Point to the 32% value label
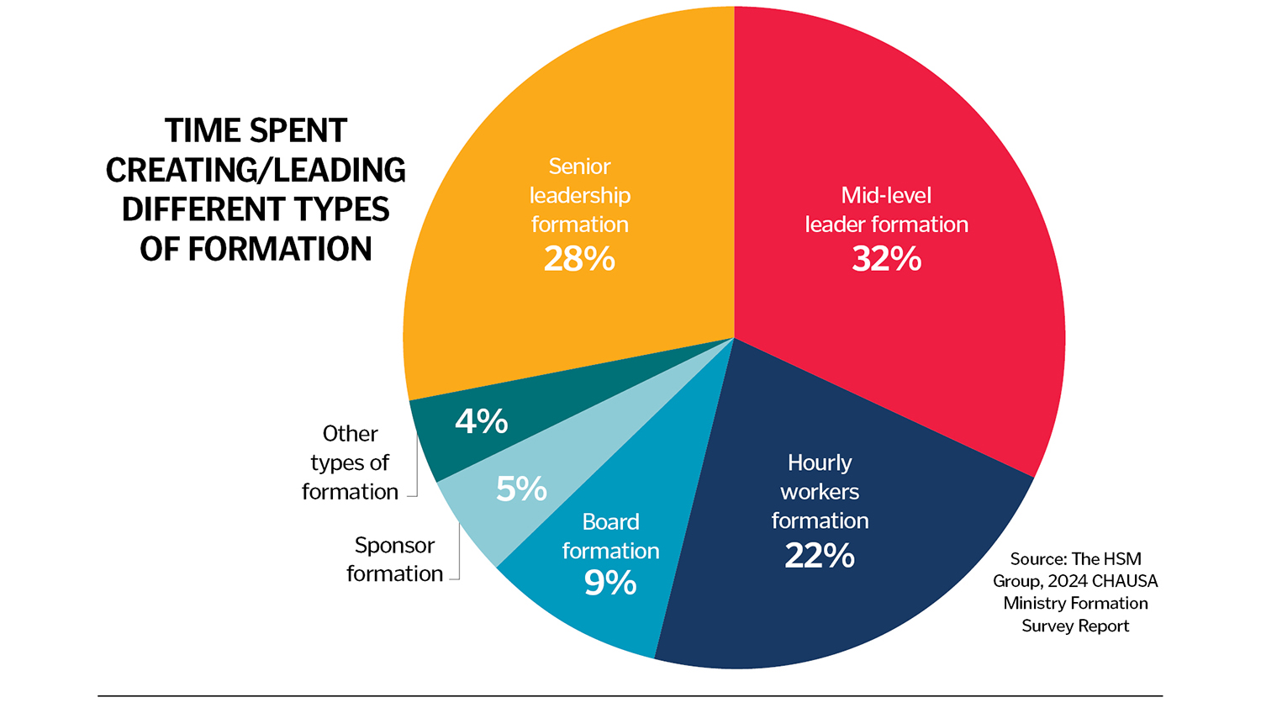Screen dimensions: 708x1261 (x=886, y=259)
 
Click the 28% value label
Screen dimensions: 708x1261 (x=579, y=259)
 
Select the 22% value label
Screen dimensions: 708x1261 (x=820, y=556)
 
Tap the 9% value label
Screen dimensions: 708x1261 (x=610, y=583)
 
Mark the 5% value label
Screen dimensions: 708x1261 (x=521, y=489)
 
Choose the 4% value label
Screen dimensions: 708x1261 (x=482, y=421)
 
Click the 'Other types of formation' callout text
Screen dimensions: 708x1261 (x=350, y=462)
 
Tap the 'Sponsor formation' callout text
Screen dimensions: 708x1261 (x=394, y=559)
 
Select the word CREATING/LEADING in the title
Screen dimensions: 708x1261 (x=256, y=171)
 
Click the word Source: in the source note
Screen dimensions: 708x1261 (x=1038, y=559)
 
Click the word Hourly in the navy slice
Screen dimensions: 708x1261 (x=820, y=462)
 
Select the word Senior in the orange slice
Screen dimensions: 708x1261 (x=579, y=166)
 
